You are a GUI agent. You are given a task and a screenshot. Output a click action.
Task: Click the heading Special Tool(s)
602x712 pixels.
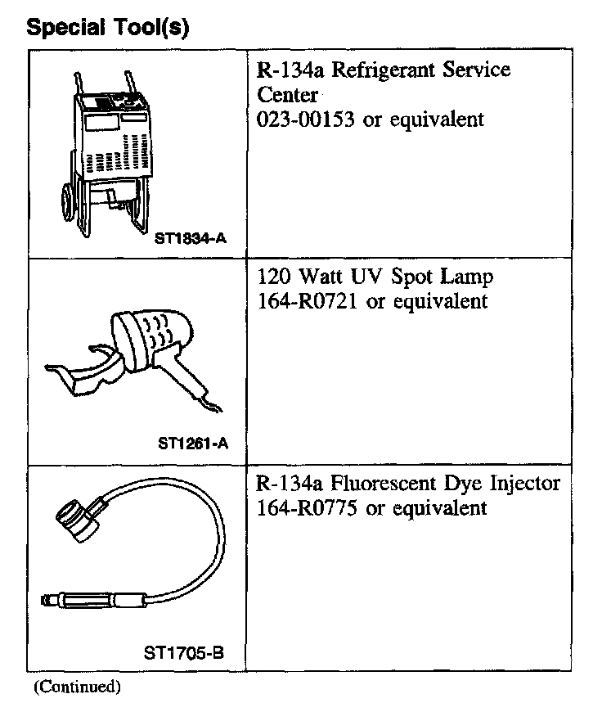(108, 28)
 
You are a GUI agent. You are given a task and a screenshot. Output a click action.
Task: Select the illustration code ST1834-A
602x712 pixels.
(190, 238)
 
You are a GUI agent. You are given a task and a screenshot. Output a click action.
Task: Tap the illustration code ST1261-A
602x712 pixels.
(191, 444)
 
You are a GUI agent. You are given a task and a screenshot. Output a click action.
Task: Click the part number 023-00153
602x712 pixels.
(305, 119)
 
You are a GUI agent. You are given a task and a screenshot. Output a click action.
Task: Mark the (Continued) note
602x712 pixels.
(77, 687)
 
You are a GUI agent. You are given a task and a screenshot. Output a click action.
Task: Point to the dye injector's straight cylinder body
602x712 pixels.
(90, 602)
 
